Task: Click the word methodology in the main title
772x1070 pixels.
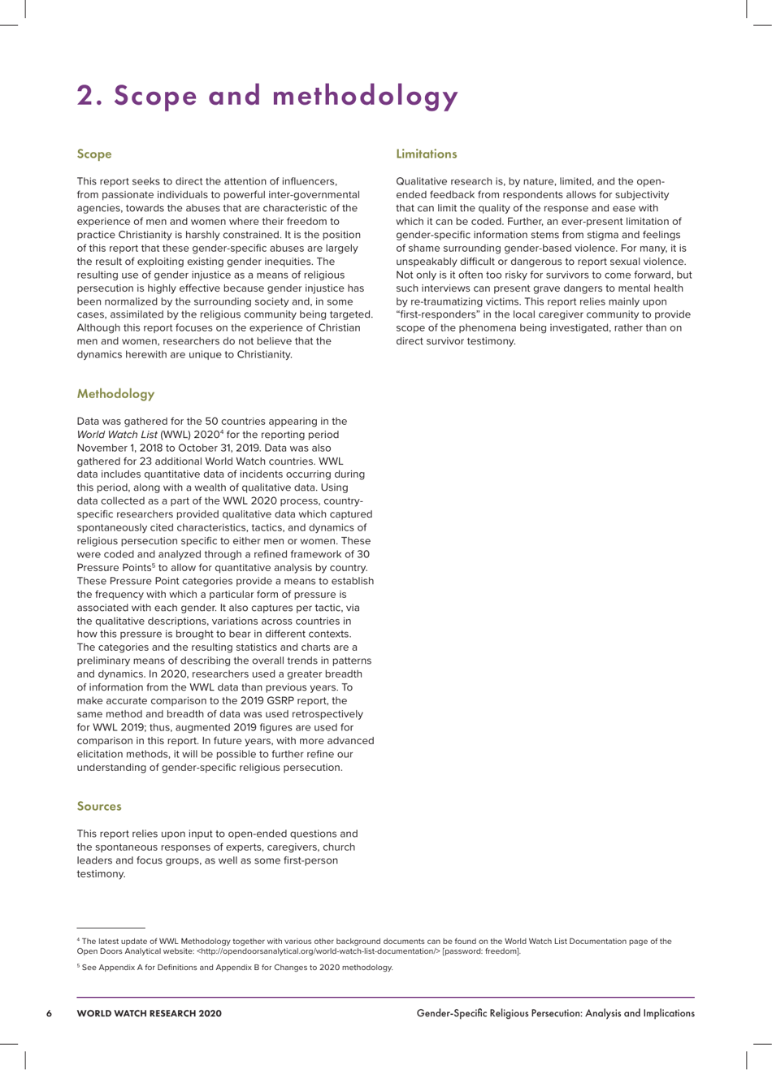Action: click(x=366, y=97)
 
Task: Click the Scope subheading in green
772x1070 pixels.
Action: click(x=94, y=154)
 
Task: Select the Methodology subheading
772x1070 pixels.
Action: click(x=115, y=394)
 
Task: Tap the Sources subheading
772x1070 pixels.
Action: click(x=99, y=806)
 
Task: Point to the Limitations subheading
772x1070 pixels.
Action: click(x=426, y=154)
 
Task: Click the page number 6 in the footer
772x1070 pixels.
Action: click(x=50, y=1013)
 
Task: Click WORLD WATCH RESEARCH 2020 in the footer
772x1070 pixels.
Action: click(x=149, y=1013)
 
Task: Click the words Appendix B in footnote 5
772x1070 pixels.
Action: click(x=229, y=968)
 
